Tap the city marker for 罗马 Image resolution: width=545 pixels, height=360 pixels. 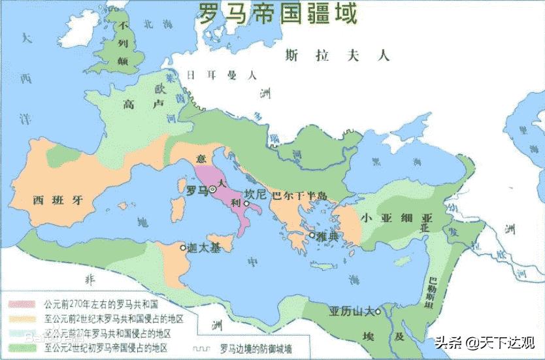coord(213,189)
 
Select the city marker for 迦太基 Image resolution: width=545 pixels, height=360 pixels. coord(184,247)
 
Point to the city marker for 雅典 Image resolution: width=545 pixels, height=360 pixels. coord(313,235)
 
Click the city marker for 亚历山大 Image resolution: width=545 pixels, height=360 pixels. coord(378,303)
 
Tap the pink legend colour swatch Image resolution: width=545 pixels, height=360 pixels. coord(22,305)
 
